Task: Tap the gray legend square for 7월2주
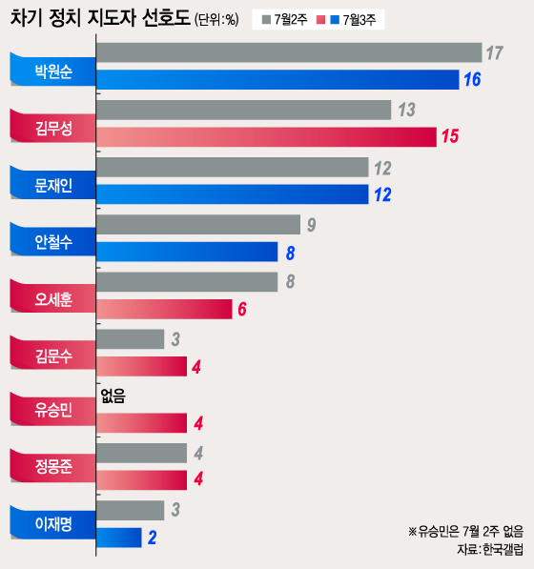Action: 266,20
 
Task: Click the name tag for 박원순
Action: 51,70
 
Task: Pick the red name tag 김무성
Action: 51,126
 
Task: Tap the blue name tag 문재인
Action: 51,182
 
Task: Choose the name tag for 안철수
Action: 51,239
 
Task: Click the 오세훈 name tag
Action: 51,296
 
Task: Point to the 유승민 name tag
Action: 51,410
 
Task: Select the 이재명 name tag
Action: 51,523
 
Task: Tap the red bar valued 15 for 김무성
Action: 266,136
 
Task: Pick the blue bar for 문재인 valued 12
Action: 233,194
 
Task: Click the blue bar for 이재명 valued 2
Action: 119,537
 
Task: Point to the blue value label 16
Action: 471,80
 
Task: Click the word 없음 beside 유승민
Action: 113,395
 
